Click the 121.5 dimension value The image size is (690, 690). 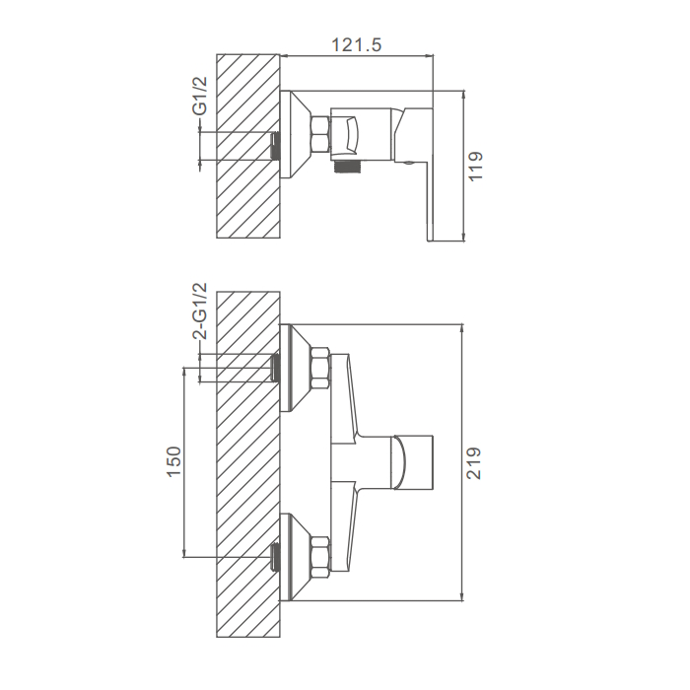356,45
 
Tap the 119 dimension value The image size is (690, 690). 476,166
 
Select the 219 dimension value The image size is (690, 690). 474,463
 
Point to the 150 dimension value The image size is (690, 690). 174,461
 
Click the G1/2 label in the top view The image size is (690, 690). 199,96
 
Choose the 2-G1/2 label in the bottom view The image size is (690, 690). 199,311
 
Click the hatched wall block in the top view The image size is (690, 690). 248,146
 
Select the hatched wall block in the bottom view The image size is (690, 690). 248,464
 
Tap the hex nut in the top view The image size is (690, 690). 320,135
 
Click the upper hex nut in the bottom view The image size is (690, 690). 320,369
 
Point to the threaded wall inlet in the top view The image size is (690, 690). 275,146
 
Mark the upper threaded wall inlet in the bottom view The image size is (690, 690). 275,368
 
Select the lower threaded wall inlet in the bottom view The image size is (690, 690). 275,557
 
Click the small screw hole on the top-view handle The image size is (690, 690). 408,164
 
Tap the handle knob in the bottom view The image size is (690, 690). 412,462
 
